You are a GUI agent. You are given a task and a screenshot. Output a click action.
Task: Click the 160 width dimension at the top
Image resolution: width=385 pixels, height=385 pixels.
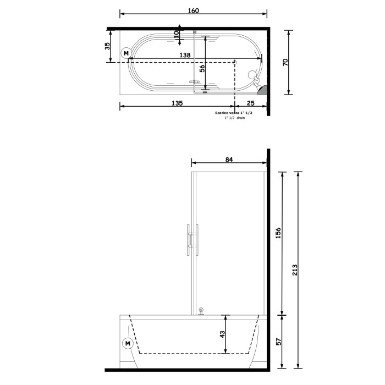click(193, 10)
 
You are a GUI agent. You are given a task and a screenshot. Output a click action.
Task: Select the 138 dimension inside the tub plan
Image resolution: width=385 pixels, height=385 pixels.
click(185, 55)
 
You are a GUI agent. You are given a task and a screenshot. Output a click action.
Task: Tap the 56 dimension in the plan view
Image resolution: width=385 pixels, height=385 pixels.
click(202, 68)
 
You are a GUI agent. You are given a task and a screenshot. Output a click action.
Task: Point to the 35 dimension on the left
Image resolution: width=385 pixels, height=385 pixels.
click(108, 46)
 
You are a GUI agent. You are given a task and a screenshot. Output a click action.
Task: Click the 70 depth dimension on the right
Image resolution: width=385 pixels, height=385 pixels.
click(285, 62)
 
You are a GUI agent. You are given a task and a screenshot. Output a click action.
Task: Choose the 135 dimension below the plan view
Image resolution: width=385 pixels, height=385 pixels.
click(177, 103)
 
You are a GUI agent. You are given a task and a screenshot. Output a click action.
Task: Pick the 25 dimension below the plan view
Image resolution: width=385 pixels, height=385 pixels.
click(251, 103)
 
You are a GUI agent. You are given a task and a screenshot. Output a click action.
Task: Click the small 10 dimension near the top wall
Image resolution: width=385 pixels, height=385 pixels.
click(176, 34)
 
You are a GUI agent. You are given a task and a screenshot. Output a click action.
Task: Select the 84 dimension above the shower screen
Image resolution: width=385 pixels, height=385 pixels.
click(229, 160)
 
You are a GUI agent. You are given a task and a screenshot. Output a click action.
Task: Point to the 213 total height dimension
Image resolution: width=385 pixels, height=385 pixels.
click(295, 270)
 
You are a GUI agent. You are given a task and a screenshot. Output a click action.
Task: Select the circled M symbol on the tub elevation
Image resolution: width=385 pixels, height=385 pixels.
click(128, 344)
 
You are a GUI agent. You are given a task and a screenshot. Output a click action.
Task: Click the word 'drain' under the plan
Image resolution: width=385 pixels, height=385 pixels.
click(241, 118)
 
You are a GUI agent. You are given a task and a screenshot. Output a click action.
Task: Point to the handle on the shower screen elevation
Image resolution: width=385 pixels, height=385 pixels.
click(190, 240)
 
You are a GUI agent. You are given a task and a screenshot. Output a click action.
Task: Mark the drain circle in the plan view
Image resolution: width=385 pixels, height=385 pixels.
click(235, 62)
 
